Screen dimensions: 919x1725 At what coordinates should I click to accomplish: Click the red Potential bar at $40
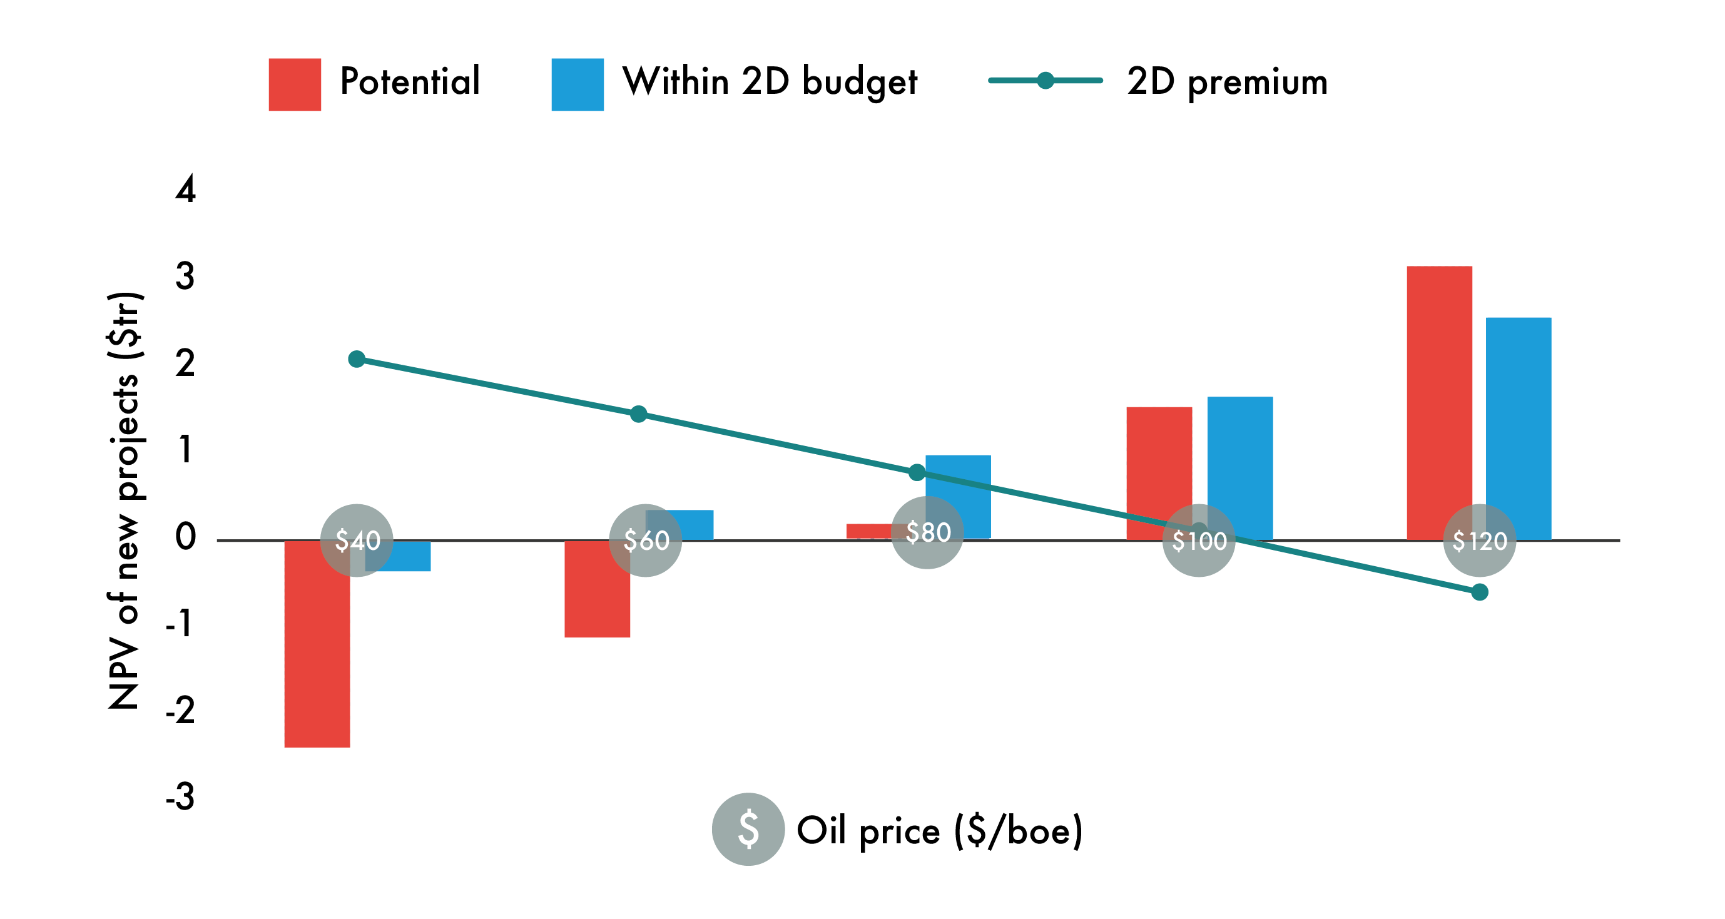point(317,642)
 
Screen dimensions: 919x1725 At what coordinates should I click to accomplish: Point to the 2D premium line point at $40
point(357,360)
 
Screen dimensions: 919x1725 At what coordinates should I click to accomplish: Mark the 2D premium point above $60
point(639,414)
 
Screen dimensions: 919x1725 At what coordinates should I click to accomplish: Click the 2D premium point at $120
point(1480,592)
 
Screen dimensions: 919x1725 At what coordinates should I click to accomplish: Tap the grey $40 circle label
point(357,540)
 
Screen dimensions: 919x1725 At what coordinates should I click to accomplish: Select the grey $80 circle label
point(927,533)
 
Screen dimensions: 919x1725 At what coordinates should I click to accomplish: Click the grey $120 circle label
point(1479,540)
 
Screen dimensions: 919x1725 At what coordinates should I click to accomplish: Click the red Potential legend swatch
point(295,84)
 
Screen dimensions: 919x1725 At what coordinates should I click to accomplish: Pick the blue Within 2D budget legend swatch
point(578,84)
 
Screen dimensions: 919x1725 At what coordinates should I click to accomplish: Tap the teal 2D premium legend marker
point(1046,81)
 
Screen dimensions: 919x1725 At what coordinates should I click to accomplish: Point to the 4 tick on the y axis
point(185,190)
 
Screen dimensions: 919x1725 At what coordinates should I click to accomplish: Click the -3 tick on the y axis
point(181,796)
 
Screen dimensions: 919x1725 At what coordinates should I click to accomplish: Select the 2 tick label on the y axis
point(185,363)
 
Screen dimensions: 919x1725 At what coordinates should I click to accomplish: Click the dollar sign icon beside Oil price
point(748,829)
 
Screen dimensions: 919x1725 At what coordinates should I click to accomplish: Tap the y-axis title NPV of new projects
point(125,500)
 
